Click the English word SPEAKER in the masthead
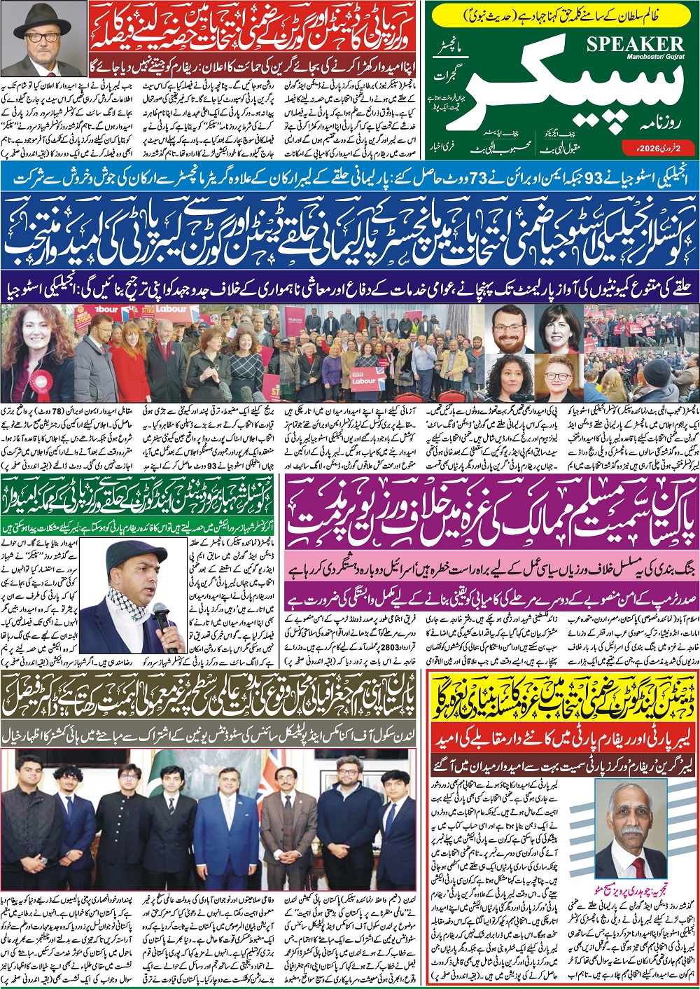click(x=635, y=43)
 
